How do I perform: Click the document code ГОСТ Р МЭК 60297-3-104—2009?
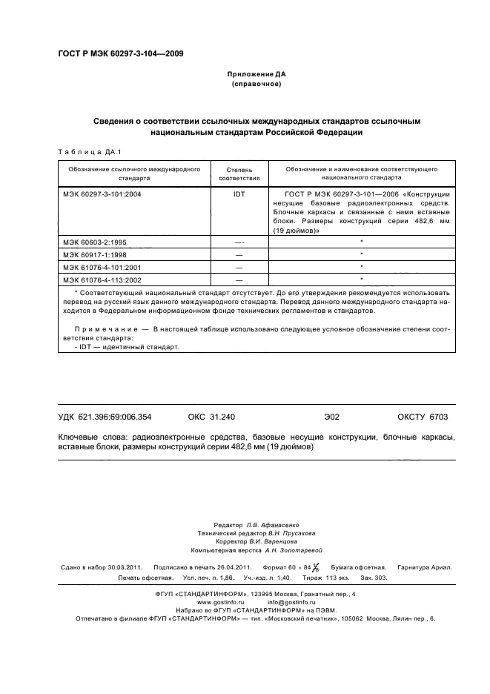[121, 54]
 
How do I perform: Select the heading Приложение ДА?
[256, 75]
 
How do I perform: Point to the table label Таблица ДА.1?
[83, 151]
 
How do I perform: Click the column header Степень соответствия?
[239, 173]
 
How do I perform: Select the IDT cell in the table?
[239, 193]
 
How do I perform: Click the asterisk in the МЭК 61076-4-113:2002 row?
[361, 278]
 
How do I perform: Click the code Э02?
[331, 417]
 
